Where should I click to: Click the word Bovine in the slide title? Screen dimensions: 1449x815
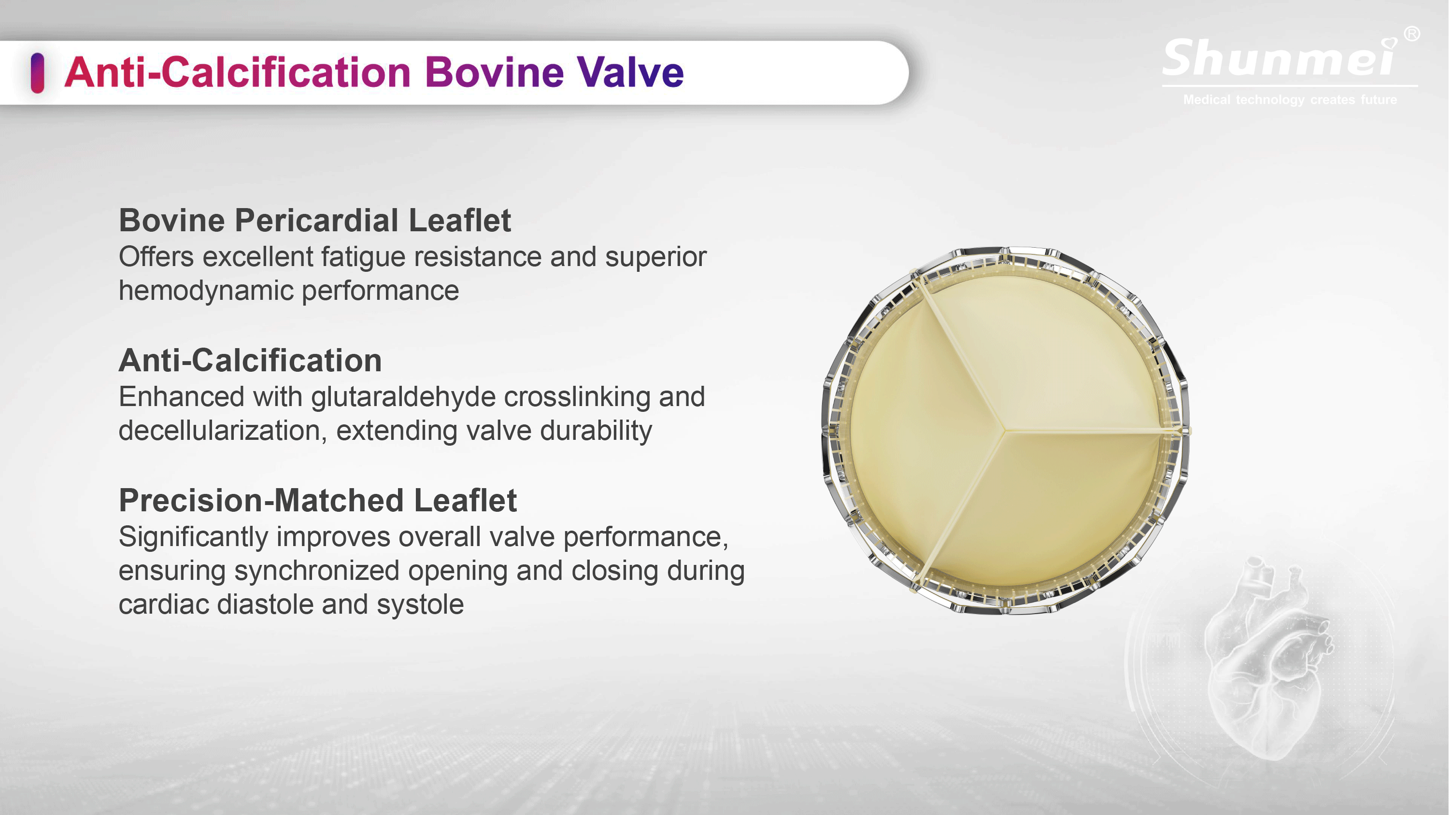[x=495, y=72]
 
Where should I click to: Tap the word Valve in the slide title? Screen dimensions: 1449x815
[x=631, y=72]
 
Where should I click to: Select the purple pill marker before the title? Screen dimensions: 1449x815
[x=38, y=72]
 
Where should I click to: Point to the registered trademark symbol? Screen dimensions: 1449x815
[x=1412, y=34]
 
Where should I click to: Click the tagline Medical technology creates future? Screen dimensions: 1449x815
[x=1290, y=99]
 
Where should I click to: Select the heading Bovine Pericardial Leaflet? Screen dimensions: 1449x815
[x=315, y=220]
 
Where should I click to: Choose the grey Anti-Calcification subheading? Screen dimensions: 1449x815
[x=250, y=360]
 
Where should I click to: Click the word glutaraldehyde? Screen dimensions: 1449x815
[x=403, y=397]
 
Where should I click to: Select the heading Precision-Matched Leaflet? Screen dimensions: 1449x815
[x=318, y=500]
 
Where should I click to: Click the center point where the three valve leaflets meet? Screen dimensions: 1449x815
[x=1004, y=431]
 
